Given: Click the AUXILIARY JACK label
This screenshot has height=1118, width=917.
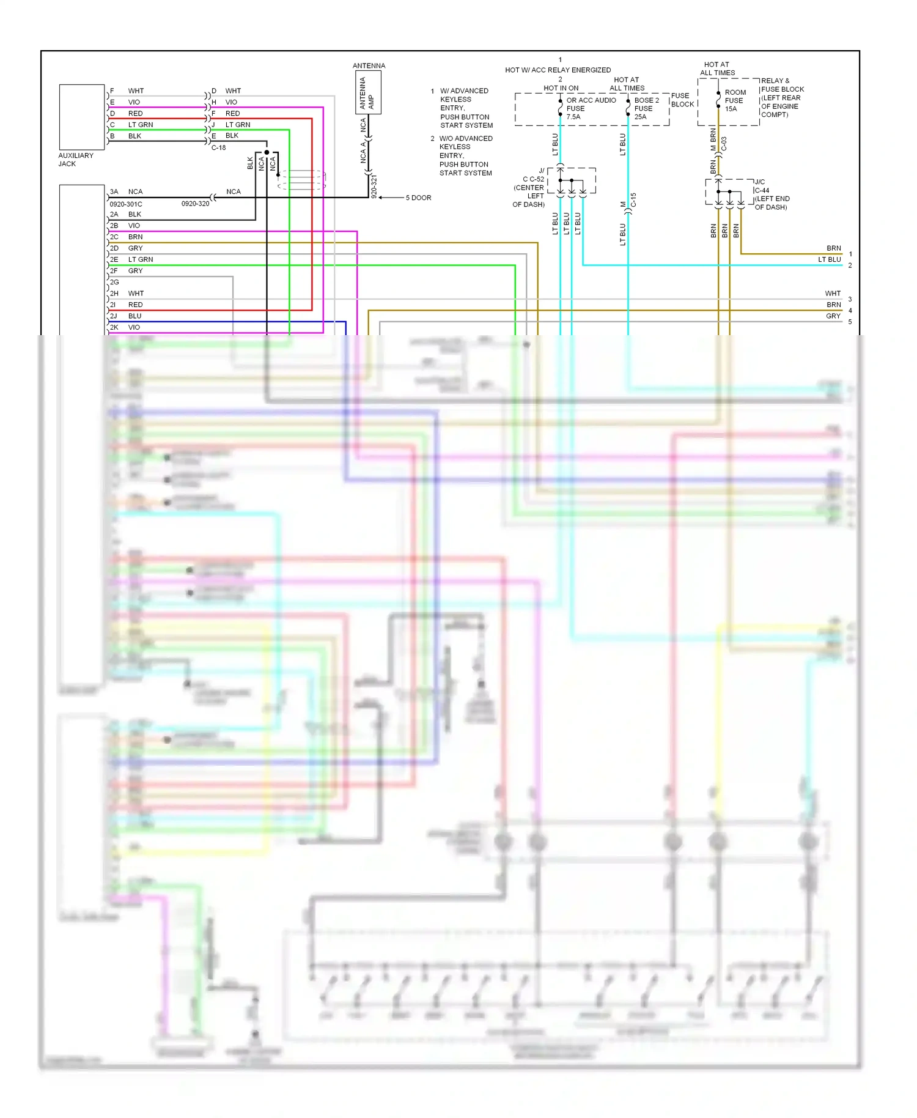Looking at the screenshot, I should tap(76, 160).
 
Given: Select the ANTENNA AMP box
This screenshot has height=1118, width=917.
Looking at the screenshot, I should tap(368, 92).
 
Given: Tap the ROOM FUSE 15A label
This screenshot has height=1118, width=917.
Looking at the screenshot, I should tap(734, 100).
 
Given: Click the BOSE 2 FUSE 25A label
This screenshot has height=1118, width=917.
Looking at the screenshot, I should tap(646, 108).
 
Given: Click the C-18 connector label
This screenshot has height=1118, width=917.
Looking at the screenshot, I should tap(218, 147).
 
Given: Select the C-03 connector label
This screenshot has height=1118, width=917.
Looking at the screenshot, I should tap(724, 144).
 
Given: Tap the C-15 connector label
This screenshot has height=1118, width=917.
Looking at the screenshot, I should tap(633, 199).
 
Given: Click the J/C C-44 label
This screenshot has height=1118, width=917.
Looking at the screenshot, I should tap(762, 187).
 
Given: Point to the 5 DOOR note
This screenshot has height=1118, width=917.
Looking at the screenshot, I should tap(418, 198).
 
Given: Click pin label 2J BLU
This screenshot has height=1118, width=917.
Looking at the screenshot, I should tap(126, 316).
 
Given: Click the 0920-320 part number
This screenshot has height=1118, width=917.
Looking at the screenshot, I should tap(195, 204).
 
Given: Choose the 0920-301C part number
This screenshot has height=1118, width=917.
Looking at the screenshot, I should tap(126, 204).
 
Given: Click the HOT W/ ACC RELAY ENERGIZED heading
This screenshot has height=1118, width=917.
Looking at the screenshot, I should tap(558, 70).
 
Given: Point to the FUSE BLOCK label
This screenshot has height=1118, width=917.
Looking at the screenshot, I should tap(682, 100).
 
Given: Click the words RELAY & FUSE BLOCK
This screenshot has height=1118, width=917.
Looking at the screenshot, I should tap(782, 85).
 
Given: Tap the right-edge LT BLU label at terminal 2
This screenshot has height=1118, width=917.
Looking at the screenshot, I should tap(829, 259).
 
